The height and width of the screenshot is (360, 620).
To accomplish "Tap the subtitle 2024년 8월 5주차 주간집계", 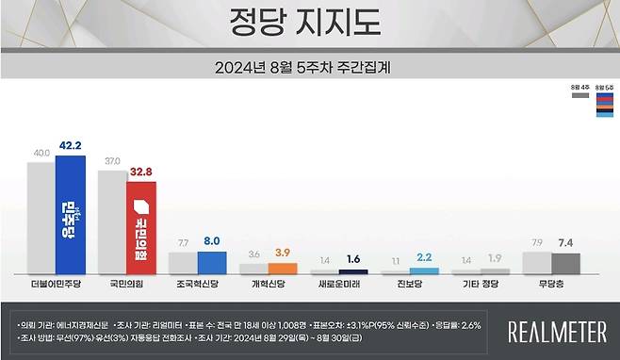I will pos(309,67).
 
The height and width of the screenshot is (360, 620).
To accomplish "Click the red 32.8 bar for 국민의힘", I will pos(141,226).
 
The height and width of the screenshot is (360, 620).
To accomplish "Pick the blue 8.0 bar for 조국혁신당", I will pos(211,263).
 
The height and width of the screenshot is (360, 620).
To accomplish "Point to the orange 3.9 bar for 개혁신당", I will pos(282,269).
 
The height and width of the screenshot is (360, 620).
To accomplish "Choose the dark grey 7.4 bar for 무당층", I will pos(565,264).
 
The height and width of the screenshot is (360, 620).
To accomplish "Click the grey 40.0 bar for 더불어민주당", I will pos(41,218).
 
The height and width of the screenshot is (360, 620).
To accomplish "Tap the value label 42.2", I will pos(71,146).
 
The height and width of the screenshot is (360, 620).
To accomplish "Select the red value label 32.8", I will pos(142,172).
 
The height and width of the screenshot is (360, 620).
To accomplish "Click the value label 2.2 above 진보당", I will pos(424,257).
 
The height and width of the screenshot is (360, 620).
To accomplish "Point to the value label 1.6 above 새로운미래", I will pos(353,259).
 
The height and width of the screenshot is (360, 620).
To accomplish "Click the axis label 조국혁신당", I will pos(196,283).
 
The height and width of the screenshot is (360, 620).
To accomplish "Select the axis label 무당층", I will pos(550,283).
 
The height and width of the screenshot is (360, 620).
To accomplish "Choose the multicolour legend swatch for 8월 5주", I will pos(605,104).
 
